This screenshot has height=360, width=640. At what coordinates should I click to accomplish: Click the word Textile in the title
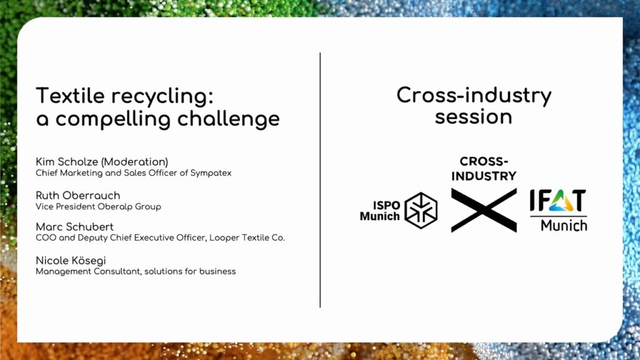[70, 96]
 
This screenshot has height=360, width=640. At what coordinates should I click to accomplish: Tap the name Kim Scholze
[67, 162]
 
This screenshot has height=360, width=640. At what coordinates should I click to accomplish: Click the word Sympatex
[211, 173]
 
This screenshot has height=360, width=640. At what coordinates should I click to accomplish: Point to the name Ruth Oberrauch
[78, 196]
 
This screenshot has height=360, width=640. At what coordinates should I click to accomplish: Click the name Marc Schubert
[75, 226]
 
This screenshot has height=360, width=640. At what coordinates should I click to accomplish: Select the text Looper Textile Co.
[247, 237]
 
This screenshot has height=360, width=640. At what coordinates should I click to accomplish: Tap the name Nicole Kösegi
[71, 261]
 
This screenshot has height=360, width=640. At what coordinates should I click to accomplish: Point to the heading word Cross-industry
[474, 96]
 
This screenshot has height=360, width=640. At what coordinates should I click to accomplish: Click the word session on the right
[474, 117]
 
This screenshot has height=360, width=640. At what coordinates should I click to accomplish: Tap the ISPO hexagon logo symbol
[421, 210]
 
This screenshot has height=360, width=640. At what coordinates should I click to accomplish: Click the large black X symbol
[484, 210]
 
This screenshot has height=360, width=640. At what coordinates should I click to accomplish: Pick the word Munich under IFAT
[564, 225]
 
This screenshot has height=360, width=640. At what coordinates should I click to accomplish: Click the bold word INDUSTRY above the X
[484, 176]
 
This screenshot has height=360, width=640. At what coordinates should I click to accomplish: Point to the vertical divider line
[320, 180]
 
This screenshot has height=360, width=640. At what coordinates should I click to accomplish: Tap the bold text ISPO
[386, 205]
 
